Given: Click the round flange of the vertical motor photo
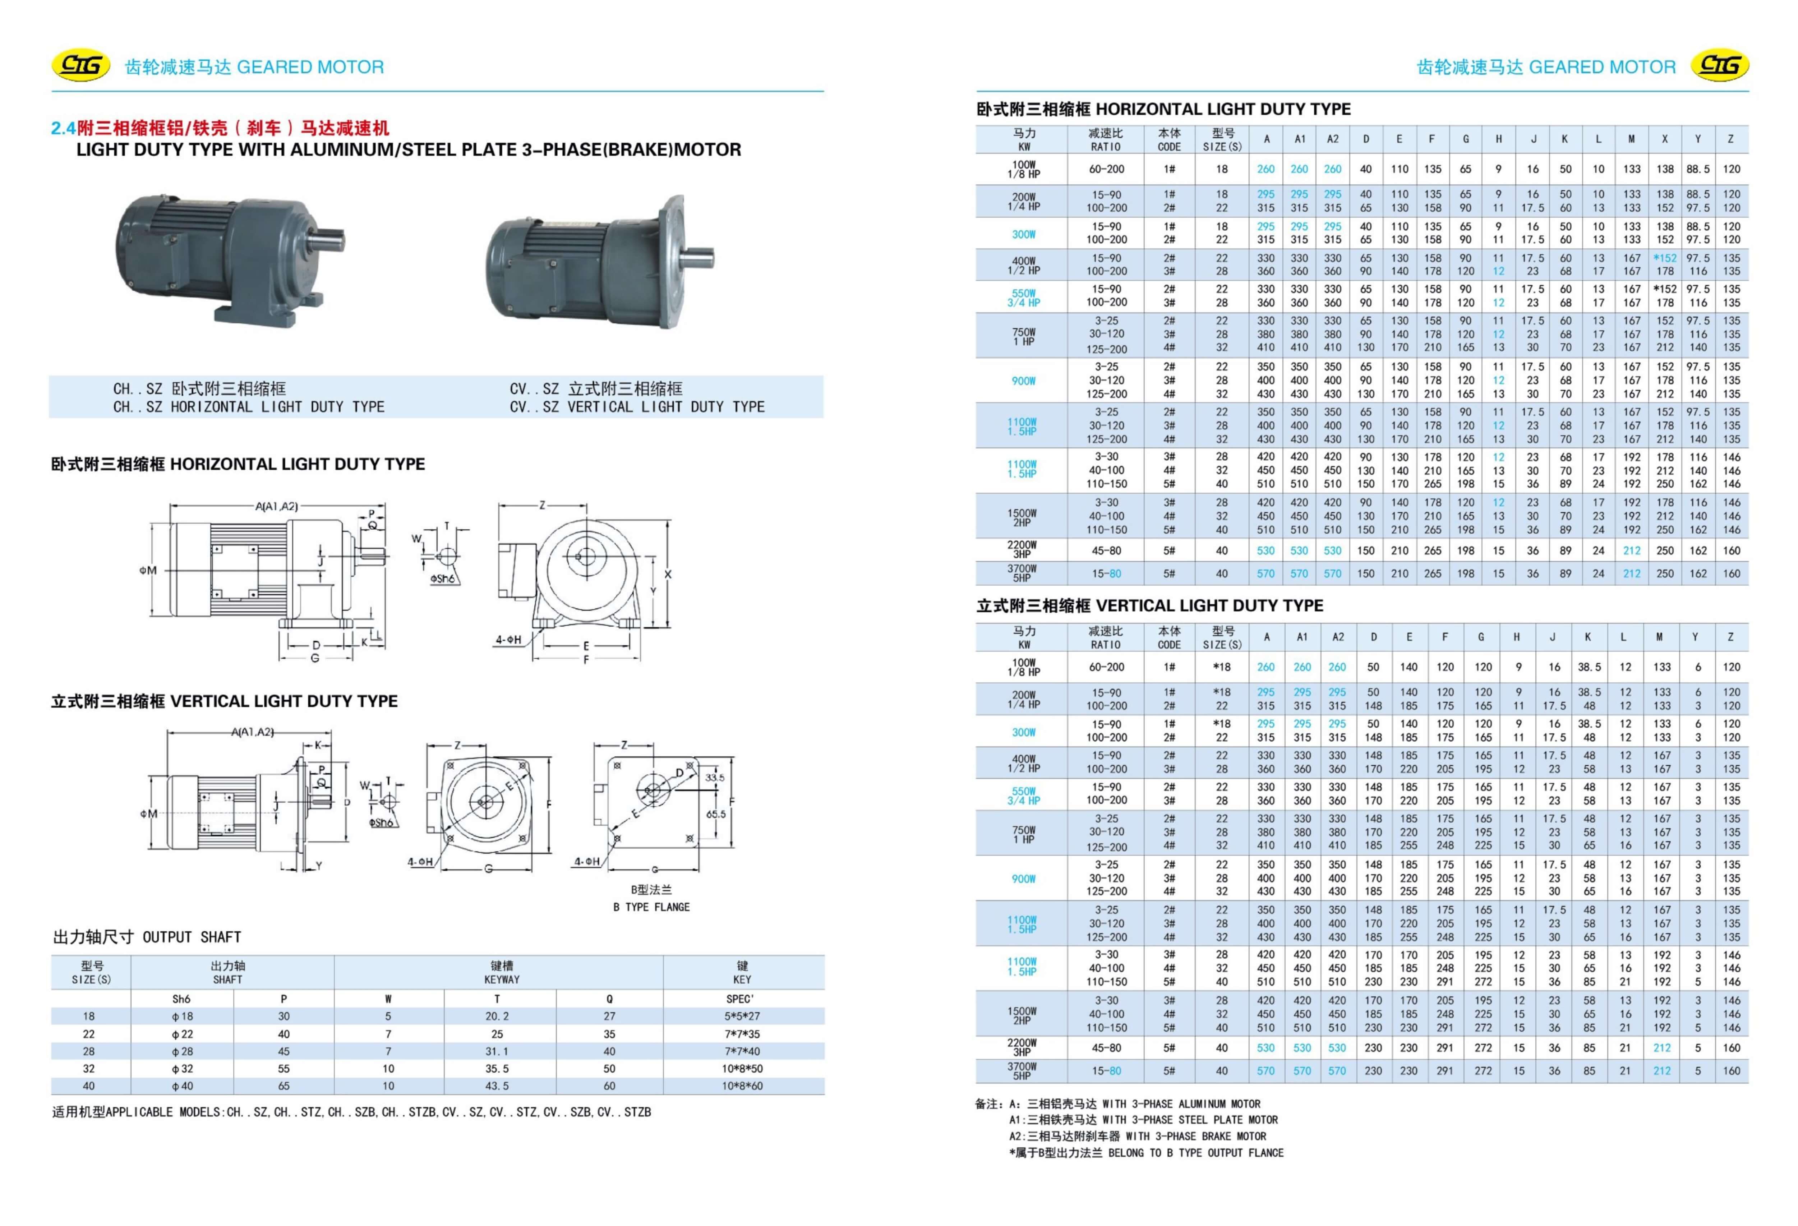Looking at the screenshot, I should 673,259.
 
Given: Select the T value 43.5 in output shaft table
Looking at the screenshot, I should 497,1086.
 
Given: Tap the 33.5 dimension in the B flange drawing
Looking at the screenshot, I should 715,777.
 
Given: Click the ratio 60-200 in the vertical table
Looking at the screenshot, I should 1106,667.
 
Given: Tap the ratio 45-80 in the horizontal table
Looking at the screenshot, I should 1106,551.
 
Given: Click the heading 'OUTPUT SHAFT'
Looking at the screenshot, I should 192,937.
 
